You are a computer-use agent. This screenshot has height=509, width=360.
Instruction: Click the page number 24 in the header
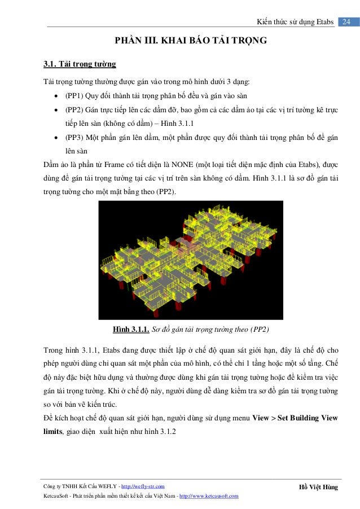(x=346, y=21)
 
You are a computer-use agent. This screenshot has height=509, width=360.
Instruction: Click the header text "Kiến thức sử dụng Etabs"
(x=294, y=22)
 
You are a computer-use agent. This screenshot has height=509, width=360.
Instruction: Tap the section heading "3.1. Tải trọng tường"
(x=80, y=63)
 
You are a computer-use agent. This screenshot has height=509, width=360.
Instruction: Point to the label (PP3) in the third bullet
(x=76, y=138)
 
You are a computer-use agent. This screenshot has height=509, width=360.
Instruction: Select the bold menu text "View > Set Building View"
(x=295, y=418)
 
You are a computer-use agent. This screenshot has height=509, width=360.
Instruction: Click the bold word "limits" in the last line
(x=56, y=432)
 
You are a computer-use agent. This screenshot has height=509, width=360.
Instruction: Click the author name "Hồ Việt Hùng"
(x=318, y=486)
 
